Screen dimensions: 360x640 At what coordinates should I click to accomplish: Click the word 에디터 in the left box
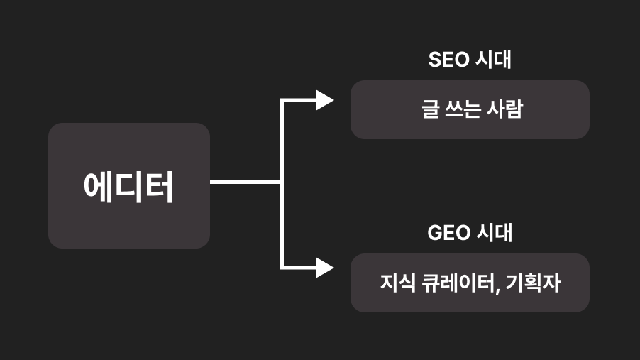(x=128, y=187)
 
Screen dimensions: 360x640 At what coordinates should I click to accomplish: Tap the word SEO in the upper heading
(x=448, y=60)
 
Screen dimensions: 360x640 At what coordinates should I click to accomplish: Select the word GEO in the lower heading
(x=448, y=232)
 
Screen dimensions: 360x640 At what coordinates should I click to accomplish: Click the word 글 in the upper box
(x=431, y=109)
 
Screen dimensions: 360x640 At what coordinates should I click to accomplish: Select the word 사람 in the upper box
(x=504, y=109)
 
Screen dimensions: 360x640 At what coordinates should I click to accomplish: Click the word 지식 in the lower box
(x=392, y=283)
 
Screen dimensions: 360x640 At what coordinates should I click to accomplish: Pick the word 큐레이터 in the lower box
(x=454, y=283)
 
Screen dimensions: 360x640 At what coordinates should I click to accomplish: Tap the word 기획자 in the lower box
(x=534, y=283)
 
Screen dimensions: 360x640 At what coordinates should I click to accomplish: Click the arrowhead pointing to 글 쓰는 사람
(x=325, y=100)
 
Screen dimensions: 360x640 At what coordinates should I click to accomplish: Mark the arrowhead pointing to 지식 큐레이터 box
(x=325, y=268)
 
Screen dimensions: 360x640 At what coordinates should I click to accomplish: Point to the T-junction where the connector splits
(x=282, y=182)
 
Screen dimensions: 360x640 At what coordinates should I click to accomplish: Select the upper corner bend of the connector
(x=282, y=101)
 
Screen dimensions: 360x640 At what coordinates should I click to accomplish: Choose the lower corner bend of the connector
(x=282, y=268)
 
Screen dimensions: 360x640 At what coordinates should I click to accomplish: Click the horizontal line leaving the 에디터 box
(x=245, y=182)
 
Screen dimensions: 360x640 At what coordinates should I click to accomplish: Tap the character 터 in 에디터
(x=161, y=187)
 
